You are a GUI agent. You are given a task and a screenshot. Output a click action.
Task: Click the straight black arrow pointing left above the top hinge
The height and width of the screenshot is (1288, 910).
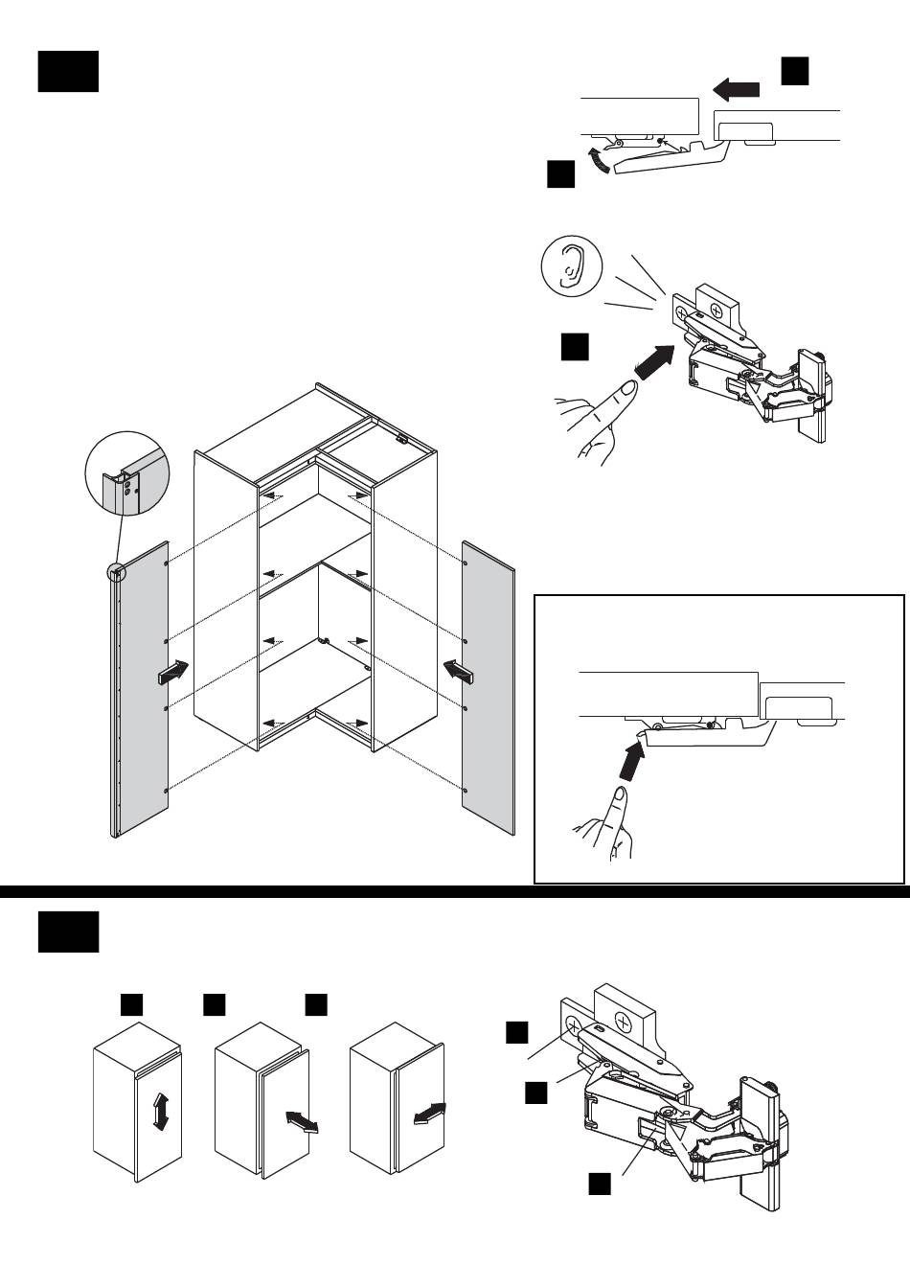737,90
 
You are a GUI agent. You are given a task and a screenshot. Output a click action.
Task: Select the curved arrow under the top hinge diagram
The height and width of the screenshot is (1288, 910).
599,160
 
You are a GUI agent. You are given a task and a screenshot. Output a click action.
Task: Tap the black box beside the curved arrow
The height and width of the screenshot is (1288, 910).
560,174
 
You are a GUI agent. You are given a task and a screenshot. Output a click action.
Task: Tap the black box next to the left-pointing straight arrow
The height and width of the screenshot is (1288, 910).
795,70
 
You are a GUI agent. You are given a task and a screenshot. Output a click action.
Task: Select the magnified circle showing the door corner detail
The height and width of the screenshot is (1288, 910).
126,475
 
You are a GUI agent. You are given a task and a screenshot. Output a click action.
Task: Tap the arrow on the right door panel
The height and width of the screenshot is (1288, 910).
460,672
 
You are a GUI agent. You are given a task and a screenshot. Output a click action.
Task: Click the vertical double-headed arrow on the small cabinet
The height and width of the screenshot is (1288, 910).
161,1115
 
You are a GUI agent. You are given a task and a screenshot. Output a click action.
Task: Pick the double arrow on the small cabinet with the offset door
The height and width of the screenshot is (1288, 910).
301,1121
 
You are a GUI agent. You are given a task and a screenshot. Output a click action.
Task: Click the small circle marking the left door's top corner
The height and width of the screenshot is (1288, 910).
116,571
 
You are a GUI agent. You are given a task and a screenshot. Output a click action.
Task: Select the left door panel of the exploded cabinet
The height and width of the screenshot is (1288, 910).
144,690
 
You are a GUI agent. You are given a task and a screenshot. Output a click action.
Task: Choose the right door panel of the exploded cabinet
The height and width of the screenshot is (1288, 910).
489,685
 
